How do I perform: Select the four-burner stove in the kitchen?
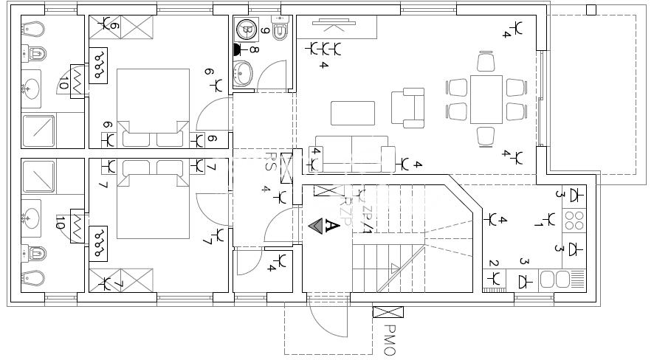(574, 220)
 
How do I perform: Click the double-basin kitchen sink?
(557, 280)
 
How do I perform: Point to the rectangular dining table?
(486, 99)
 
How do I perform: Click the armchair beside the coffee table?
(407, 108)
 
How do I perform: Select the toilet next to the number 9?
(280, 32)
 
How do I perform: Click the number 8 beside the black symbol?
(253, 51)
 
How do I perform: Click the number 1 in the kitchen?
(539, 225)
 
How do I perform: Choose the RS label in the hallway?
(271, 162)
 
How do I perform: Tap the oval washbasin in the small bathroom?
(244, 73)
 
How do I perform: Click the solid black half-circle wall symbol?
(237, 51)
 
